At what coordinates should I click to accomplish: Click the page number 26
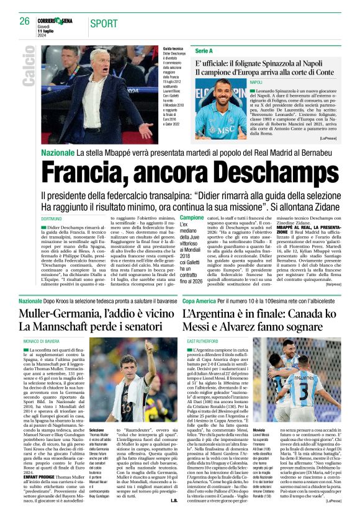24,21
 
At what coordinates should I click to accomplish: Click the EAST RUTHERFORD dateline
201,341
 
